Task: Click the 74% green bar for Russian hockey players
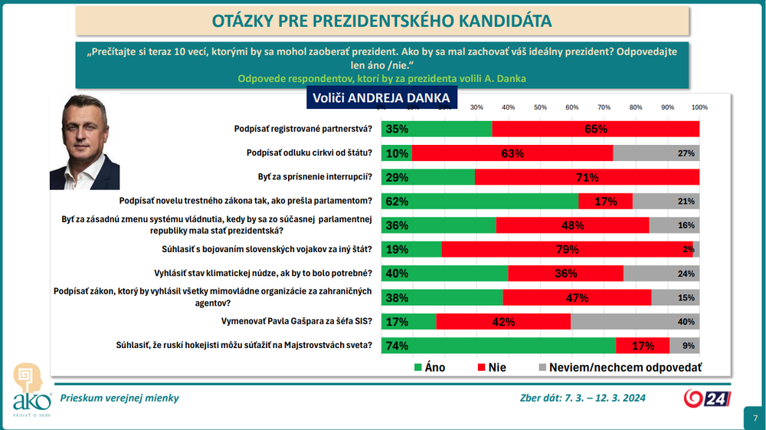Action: [x=498, y=345]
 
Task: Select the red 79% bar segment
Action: [x=567, y=249]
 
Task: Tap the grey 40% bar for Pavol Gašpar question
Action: [x=635, y=321]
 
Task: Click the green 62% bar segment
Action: [x=480, y=202]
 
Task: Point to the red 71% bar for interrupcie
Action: [x=587, y=178]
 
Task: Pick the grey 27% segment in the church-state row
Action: [x=656, y=153]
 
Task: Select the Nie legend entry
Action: [x=491, y=368]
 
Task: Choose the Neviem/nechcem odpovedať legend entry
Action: [x=620, y=368]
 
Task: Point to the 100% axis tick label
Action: [x=699, y=107]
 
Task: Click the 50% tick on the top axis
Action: [x=539, y=107]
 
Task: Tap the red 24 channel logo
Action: [x=707, y=399]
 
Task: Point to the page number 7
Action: [x=755, y=418]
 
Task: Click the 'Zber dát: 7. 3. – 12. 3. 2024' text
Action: [x=582, y=398]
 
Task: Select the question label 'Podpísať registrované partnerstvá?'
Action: [x=303, y=129]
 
